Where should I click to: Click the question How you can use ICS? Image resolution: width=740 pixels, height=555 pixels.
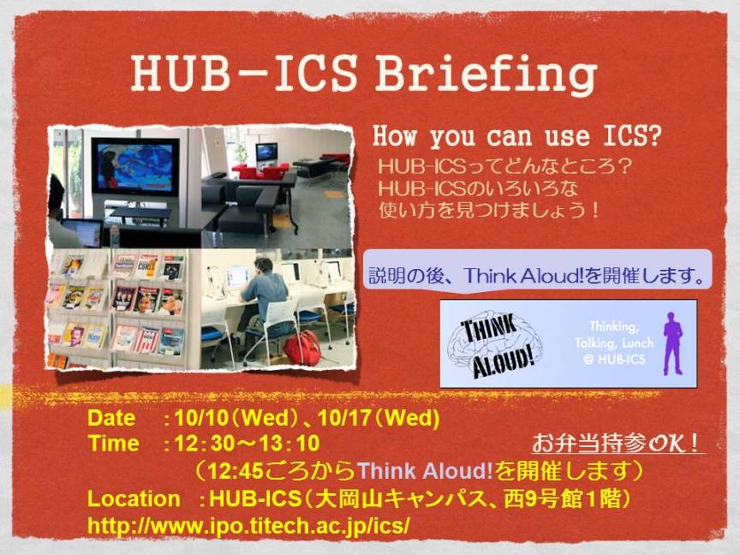coord(516,136)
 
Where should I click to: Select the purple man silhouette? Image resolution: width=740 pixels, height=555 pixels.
coord(673,343)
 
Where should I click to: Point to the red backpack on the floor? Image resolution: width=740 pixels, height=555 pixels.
coord(301,348)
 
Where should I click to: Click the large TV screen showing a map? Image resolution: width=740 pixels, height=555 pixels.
coord(135,167)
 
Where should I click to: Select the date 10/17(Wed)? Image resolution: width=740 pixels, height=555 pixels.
coord(379,418)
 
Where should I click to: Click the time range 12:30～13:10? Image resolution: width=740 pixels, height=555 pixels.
coord(247,444)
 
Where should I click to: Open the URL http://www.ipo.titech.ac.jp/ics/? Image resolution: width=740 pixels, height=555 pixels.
coord(248,526)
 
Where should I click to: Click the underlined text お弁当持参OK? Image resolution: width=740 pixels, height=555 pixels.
coord(617,443)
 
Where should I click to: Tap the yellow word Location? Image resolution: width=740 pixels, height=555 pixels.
coord(134,499)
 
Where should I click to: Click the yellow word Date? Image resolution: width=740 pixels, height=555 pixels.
coord(111,419)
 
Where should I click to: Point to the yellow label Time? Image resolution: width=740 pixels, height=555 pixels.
coord(113,444)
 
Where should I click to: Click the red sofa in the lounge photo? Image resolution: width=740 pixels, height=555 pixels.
coord(260,170)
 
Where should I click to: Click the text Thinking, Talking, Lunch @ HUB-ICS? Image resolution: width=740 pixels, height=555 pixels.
coord(614,343)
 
